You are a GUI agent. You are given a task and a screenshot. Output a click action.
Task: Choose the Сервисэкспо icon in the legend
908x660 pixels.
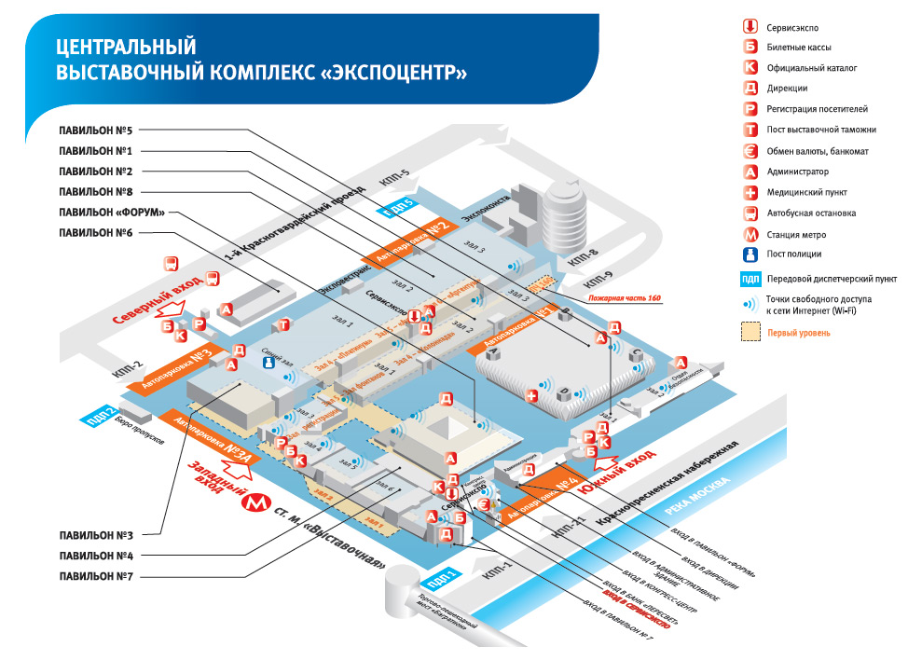[x=749, y=26]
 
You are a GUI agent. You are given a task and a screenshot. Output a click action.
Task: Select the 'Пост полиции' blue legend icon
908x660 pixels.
[x=749, y=254]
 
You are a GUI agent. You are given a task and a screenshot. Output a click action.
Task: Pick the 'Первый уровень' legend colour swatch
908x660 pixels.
[x=749, y=332]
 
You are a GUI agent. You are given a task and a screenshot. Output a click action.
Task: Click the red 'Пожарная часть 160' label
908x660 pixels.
[x=624, y=298]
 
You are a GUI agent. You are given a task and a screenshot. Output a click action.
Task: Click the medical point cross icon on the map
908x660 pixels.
[x=532, y=396]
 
